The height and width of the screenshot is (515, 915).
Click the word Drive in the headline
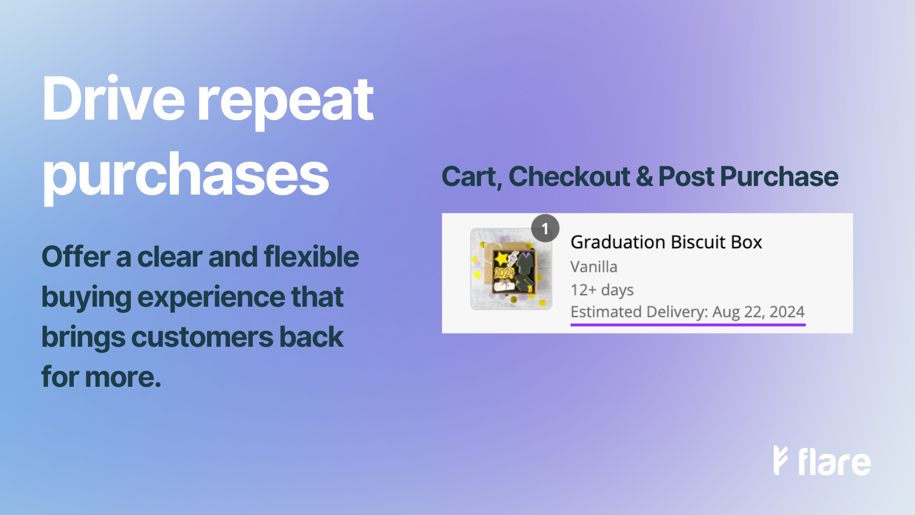coord(113,100)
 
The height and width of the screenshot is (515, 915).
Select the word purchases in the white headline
coord(185,175)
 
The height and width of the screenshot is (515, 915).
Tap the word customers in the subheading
coord(202,338)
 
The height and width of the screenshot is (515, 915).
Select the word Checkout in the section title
coord(569,177)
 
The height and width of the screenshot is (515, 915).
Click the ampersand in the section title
coord(644,177)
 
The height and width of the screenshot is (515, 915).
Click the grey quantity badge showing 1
coord(545,229)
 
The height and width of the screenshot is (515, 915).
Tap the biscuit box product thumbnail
coord(511,270)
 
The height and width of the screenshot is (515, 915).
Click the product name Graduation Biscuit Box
coord(666,242)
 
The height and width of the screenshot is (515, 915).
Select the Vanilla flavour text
coord(594,267)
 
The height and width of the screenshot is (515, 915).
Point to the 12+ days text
coord(602,290)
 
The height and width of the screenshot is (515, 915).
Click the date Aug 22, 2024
coord(758,312)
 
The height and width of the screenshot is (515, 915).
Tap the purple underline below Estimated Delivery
coord(687,324)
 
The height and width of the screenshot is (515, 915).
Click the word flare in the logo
coord(834,462)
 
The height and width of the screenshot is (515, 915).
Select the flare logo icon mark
coord(780,460)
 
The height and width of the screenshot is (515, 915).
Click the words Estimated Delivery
coord(638,312)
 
